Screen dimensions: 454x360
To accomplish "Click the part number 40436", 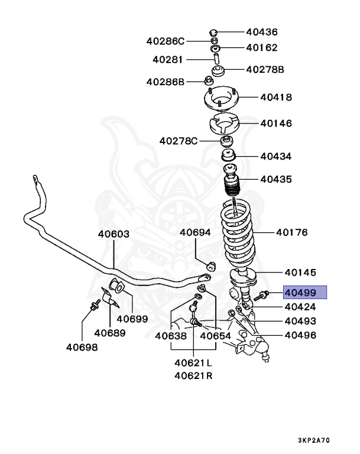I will click(x=261, y=32).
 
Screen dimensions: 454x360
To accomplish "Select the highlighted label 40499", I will click(x=304, y=293).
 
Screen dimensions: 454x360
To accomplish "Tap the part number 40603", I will click(x=113, y=234).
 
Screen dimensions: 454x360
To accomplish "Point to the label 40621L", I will click(x=193, y=362).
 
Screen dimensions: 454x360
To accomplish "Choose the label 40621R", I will click(x=193, y=376).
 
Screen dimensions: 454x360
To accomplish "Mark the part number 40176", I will click(x=292, y=232).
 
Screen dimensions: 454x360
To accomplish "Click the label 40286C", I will click(x=166, y=41).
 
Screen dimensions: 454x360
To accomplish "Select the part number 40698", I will click(x=82, y=347).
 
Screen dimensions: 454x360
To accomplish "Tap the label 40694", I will click(x=196, y=232).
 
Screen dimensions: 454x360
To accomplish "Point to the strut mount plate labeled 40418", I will click(x=222, y=98).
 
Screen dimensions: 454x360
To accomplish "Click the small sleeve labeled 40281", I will click(x=217, y=59).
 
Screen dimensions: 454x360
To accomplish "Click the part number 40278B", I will click(x=265, y=70).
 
